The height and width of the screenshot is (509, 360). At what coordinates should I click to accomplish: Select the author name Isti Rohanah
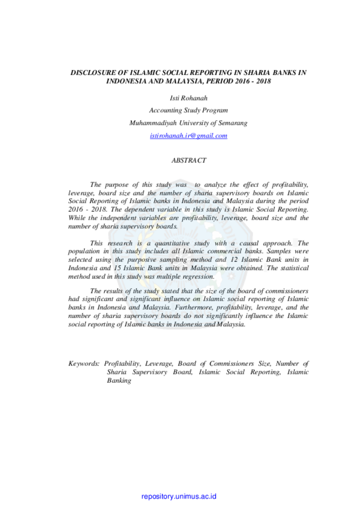point(189,98)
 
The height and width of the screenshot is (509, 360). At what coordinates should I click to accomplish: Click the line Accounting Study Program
point(189,110)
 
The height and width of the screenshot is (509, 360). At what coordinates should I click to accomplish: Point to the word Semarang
point(233,123)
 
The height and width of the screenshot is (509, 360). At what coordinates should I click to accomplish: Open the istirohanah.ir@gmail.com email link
point(189,136)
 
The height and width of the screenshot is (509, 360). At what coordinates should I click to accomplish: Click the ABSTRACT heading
point(189,161)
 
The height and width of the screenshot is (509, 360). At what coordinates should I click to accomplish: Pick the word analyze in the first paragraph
point(215,184)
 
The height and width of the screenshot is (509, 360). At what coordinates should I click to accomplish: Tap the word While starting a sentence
point(77,218)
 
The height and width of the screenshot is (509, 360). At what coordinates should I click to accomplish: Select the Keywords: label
point(84,363)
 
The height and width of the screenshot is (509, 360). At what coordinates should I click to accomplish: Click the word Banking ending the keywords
point(119,381)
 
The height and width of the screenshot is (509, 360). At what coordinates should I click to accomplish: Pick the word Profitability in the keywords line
point(122,363)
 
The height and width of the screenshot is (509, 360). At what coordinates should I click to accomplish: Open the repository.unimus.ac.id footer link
point(179,496)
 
